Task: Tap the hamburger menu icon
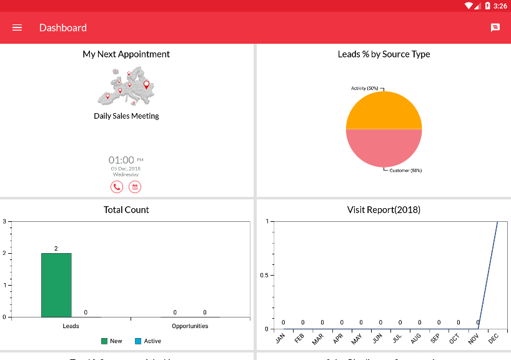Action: click(17, 27)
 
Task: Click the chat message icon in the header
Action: click(495, 27)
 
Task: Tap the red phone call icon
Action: click(117, 187)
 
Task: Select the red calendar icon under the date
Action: click(134, 187)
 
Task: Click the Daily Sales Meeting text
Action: click(126, 116)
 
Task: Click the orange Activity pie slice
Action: click(384, 111)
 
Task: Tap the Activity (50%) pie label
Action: click(365, 89)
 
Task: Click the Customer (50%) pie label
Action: click(405, 171)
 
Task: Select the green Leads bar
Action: click(56, 285)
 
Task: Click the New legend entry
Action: click(112, 341)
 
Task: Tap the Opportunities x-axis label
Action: click(190, 326)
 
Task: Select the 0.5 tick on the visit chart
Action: click(265, 275)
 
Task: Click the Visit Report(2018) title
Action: click(384, 210)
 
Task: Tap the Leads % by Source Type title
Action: click(384, 54)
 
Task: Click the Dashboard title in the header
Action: click(63, 27)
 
